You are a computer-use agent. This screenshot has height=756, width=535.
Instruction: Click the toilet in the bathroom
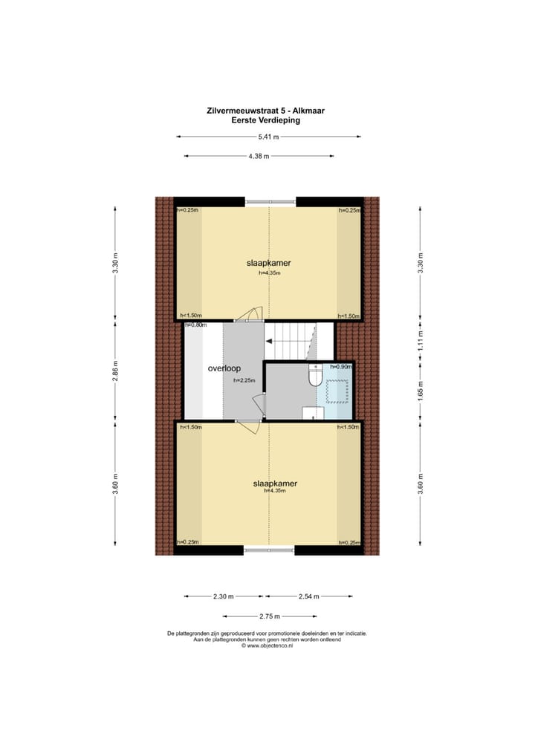coord(314,378)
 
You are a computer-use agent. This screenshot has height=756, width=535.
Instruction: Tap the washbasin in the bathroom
coord(311,412)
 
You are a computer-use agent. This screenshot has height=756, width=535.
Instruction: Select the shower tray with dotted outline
coord(336,390)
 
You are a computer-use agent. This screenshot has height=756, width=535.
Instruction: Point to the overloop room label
coord(224,368)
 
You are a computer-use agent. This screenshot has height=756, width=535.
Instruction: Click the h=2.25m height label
coord(244,380)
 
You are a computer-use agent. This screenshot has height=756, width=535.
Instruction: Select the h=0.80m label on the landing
coord(195,325)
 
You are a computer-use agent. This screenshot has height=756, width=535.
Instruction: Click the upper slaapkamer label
coord(268,263)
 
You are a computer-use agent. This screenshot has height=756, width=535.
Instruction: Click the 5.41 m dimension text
coord(268,137)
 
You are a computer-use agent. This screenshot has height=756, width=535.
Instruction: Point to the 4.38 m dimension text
coord(259,156)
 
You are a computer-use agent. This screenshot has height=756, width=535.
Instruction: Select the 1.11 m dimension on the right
coord(420,340)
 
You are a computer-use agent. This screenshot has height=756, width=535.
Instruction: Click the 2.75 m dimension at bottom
coord(268,616)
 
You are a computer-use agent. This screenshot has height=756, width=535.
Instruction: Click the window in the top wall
coord(270,201)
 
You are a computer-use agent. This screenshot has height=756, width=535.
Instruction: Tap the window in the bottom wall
coord(269,550)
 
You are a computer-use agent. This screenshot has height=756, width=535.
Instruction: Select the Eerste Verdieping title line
coord(266,120)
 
